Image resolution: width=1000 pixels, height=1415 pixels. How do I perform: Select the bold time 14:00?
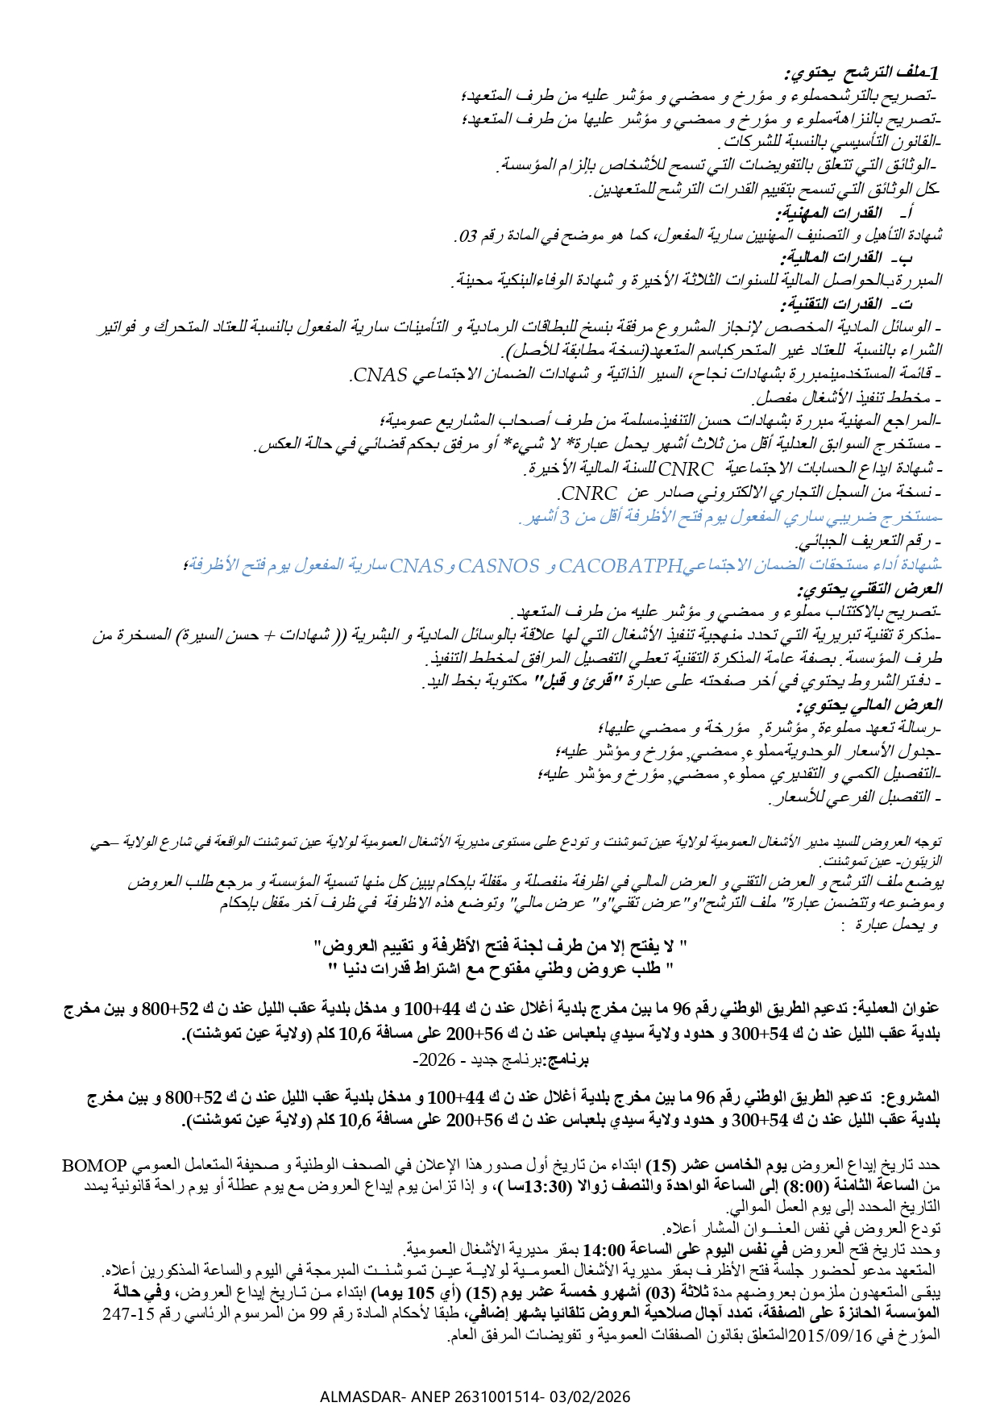pyautogui.click(x=604, y=1251)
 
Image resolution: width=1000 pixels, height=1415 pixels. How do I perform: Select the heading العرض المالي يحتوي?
pyautogui.click(x=869, y=705)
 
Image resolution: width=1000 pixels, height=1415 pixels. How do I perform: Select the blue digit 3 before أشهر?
pyautogui.click(x=566, y=518)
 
